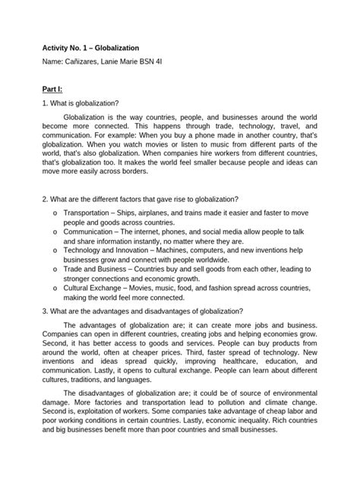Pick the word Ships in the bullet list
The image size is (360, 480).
pos(140,214)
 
